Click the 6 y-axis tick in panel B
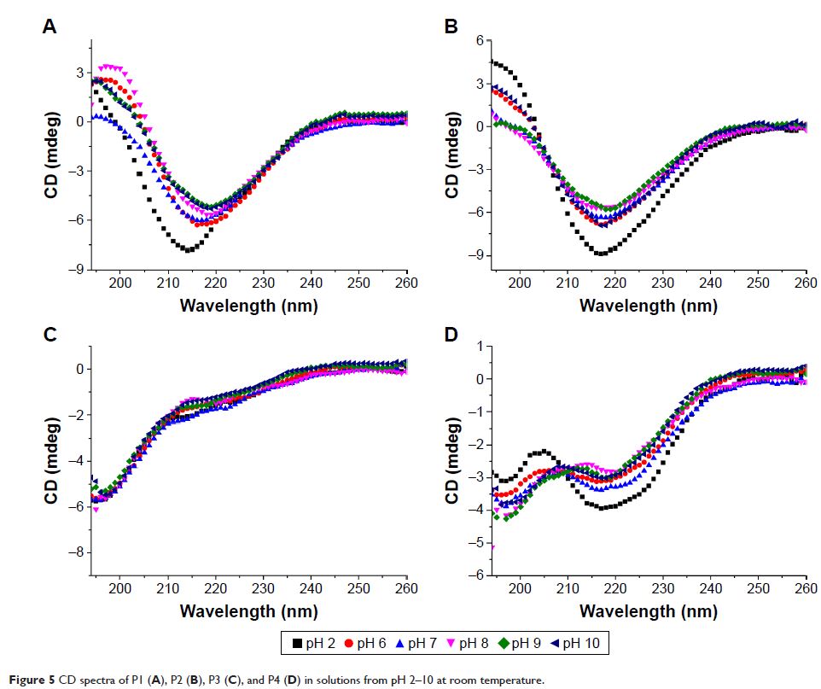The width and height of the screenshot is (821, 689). (x=480, y=40)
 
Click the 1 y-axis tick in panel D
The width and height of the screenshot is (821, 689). (x=480, y=346)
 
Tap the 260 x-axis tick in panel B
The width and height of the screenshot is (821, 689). (x=806, y=282)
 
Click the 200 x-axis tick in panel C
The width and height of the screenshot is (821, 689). (x=120, y=588)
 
